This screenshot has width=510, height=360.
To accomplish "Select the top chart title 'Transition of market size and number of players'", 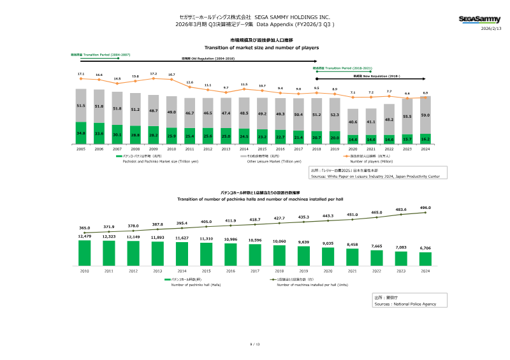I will click(x=261, y=48).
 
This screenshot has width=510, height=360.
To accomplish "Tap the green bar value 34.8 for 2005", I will click(x=81, y=133).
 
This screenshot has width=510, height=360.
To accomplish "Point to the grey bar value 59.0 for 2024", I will click(x=425, y=115).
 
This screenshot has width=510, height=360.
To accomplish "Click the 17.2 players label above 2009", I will click(x=153, y=74).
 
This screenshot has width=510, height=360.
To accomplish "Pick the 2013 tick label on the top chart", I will click(x=226, y=148).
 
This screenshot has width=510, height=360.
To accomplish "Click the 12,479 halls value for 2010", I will click(x=84, y=236).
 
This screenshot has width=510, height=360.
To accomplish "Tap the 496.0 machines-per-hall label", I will click(x=425, y=208).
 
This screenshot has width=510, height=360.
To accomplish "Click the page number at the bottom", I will click(x=255, y=343).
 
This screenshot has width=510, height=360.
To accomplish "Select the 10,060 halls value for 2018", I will click(x=279, y=241).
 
